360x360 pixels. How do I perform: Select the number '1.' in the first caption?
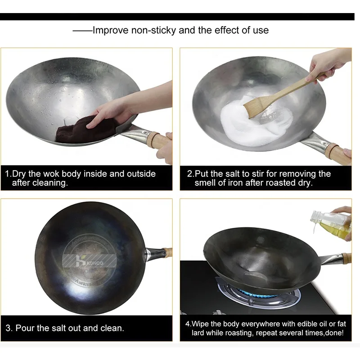coord(8,174)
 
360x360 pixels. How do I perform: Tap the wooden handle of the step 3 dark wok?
coord(167,252)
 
